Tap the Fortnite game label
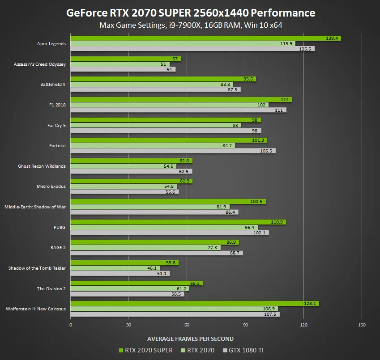click(57, 146)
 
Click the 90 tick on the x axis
click(245, 325)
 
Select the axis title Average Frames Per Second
click(190, 339)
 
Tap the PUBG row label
click(60, 227)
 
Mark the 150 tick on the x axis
click(362, 325)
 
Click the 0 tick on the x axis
click(71, 325)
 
